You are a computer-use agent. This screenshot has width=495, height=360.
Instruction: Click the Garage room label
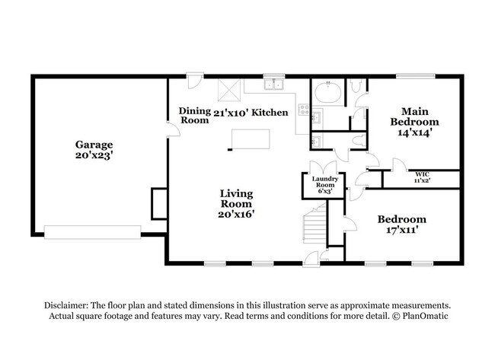pos(94,145)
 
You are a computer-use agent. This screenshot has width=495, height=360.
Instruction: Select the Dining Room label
pos(194,116)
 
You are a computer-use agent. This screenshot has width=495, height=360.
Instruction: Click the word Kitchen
pos(270,112)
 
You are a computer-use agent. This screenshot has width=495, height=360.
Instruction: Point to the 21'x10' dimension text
pos(230,112)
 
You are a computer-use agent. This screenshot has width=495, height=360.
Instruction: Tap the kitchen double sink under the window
pos(274,84)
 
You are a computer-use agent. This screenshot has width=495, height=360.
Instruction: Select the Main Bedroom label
pos(414,116)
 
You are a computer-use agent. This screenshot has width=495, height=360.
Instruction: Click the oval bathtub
pos(328,94)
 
